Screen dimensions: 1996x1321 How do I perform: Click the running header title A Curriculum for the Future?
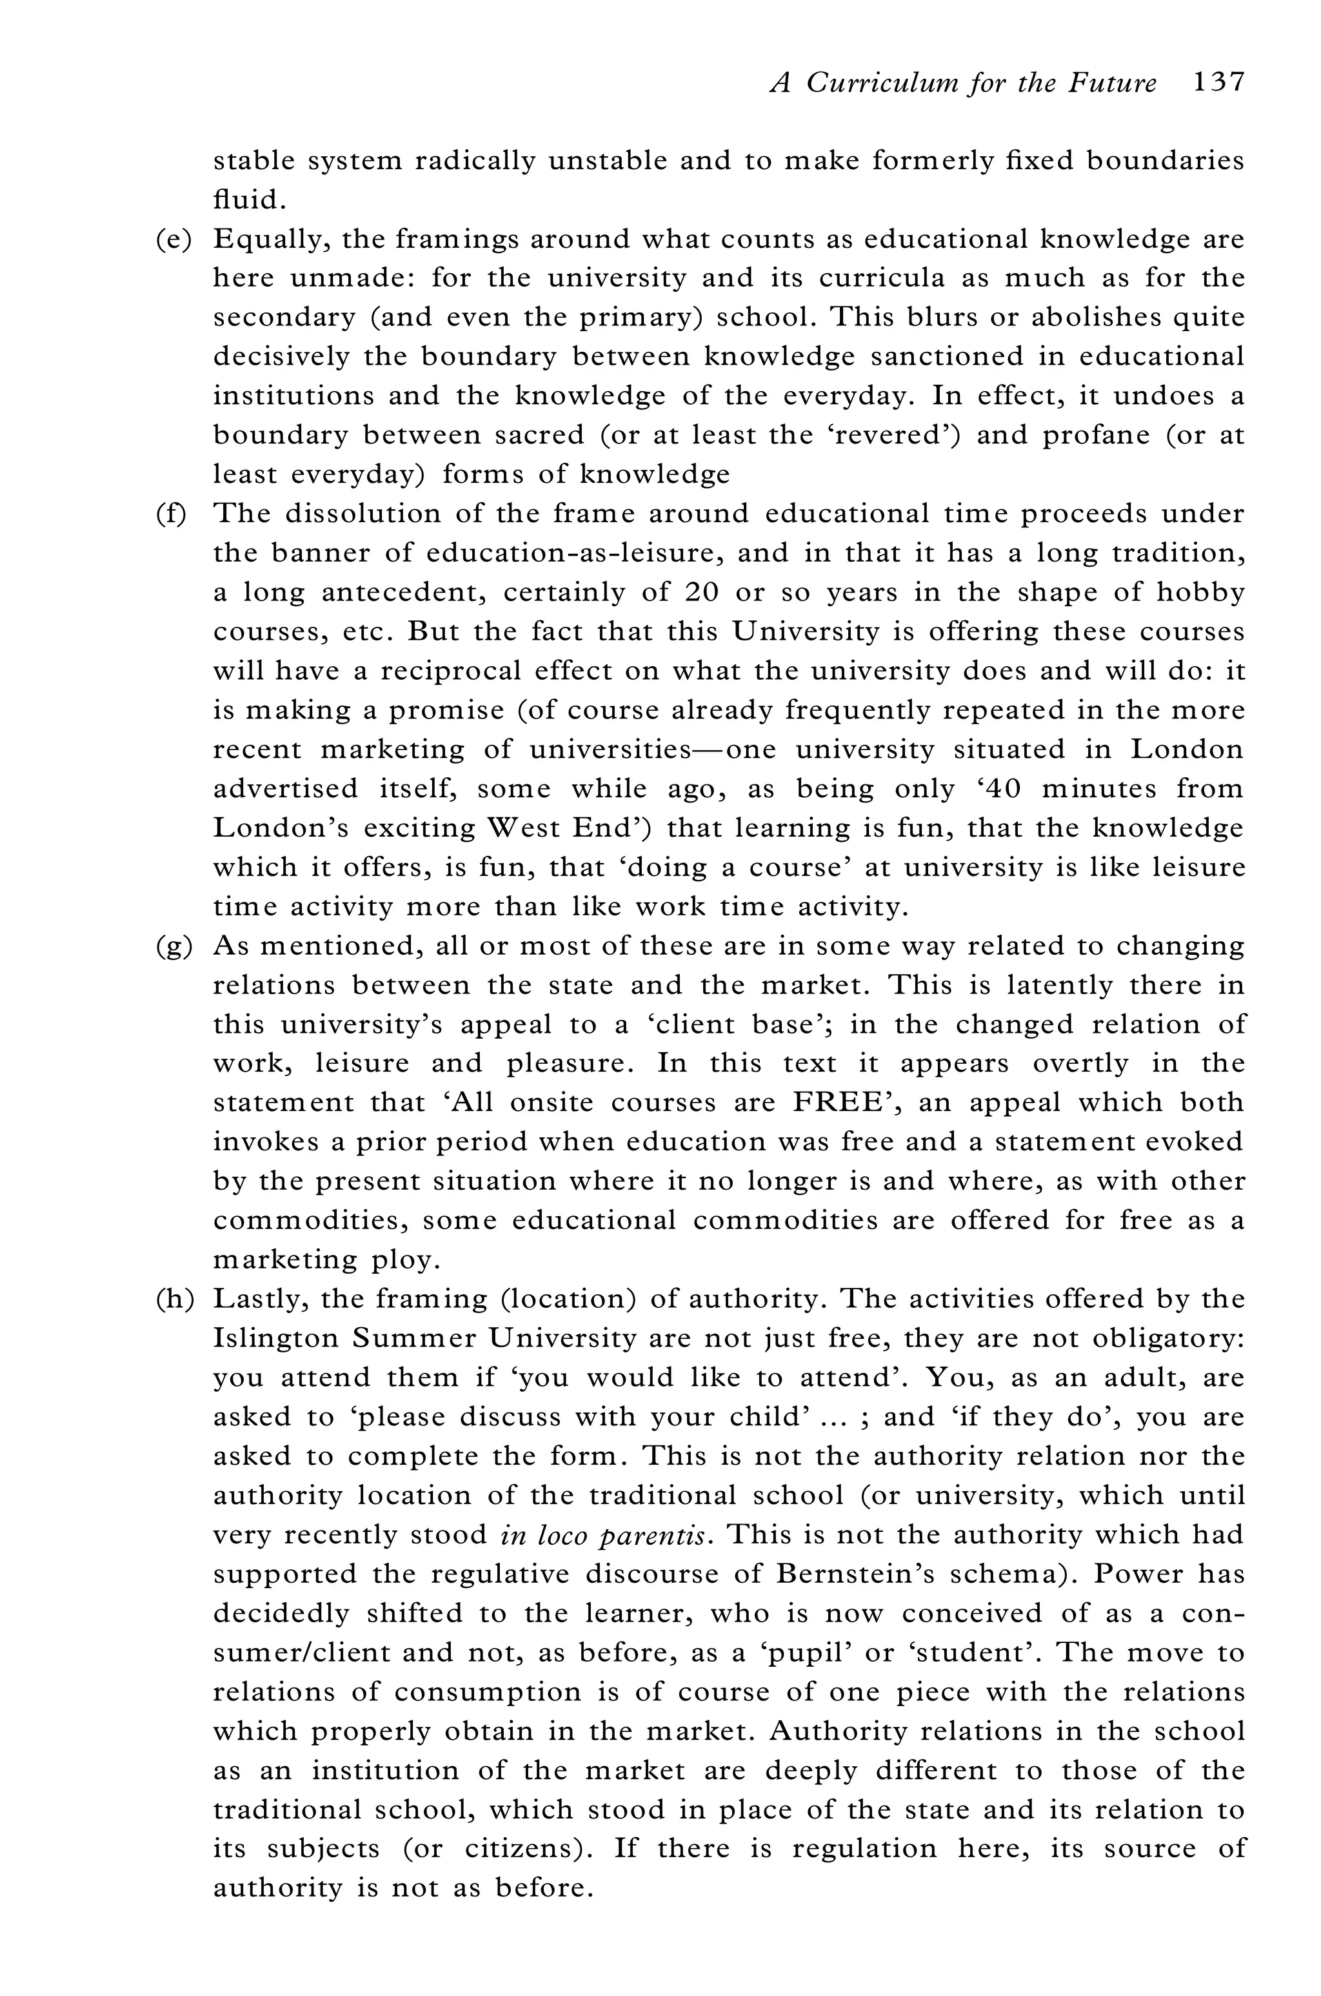(x=964, y=83)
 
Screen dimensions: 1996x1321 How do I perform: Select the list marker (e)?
(x=174, y=239)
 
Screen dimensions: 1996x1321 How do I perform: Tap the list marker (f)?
(x=171, y=513)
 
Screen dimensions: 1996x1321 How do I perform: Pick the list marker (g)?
(x=174, y=946)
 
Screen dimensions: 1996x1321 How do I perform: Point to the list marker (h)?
(x=174, y=1299)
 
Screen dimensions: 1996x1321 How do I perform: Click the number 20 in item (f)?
(x=701, y=593)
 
